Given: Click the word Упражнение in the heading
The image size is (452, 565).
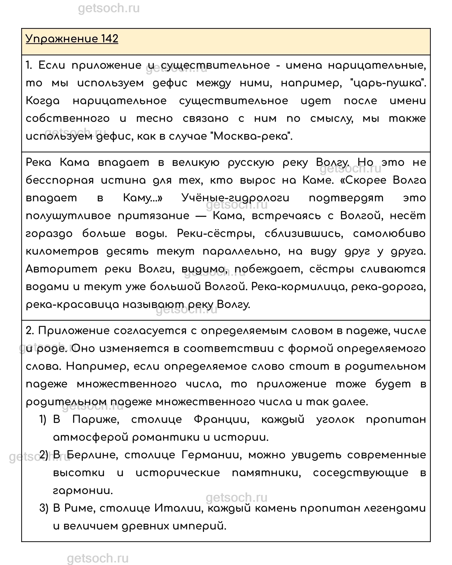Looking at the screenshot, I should tap(62, 39).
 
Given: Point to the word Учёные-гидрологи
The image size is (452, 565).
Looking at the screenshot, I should tap(235, 198).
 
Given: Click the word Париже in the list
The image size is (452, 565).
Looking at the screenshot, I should tap(96, 419).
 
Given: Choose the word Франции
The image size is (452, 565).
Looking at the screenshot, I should tap(222, 419).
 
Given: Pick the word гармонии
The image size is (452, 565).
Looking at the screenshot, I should tap(83, 491).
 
